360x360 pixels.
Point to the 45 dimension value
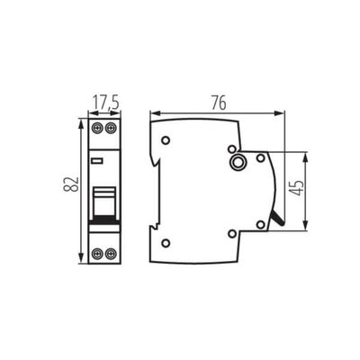(296, 190)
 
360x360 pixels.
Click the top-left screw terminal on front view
(97, 129)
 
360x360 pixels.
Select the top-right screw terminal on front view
(111, 129)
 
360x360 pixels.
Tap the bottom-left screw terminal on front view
(97, 255)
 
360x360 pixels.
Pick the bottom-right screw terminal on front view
(111, 255)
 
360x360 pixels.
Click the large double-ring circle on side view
(238, 163)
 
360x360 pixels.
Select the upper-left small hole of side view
(166, 140)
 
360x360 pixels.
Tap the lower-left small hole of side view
(166, 243)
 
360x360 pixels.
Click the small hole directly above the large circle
(232, 148)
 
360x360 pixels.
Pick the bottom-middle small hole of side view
(232, 234)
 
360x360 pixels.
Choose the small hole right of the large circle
(260, 158)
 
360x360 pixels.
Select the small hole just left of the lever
(260, 224)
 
